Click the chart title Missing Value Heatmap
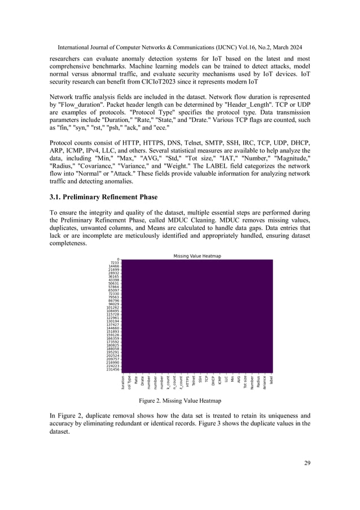pyautogui.click(x=197, y=256)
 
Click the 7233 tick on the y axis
pyautogui.click(x=115, y=263)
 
